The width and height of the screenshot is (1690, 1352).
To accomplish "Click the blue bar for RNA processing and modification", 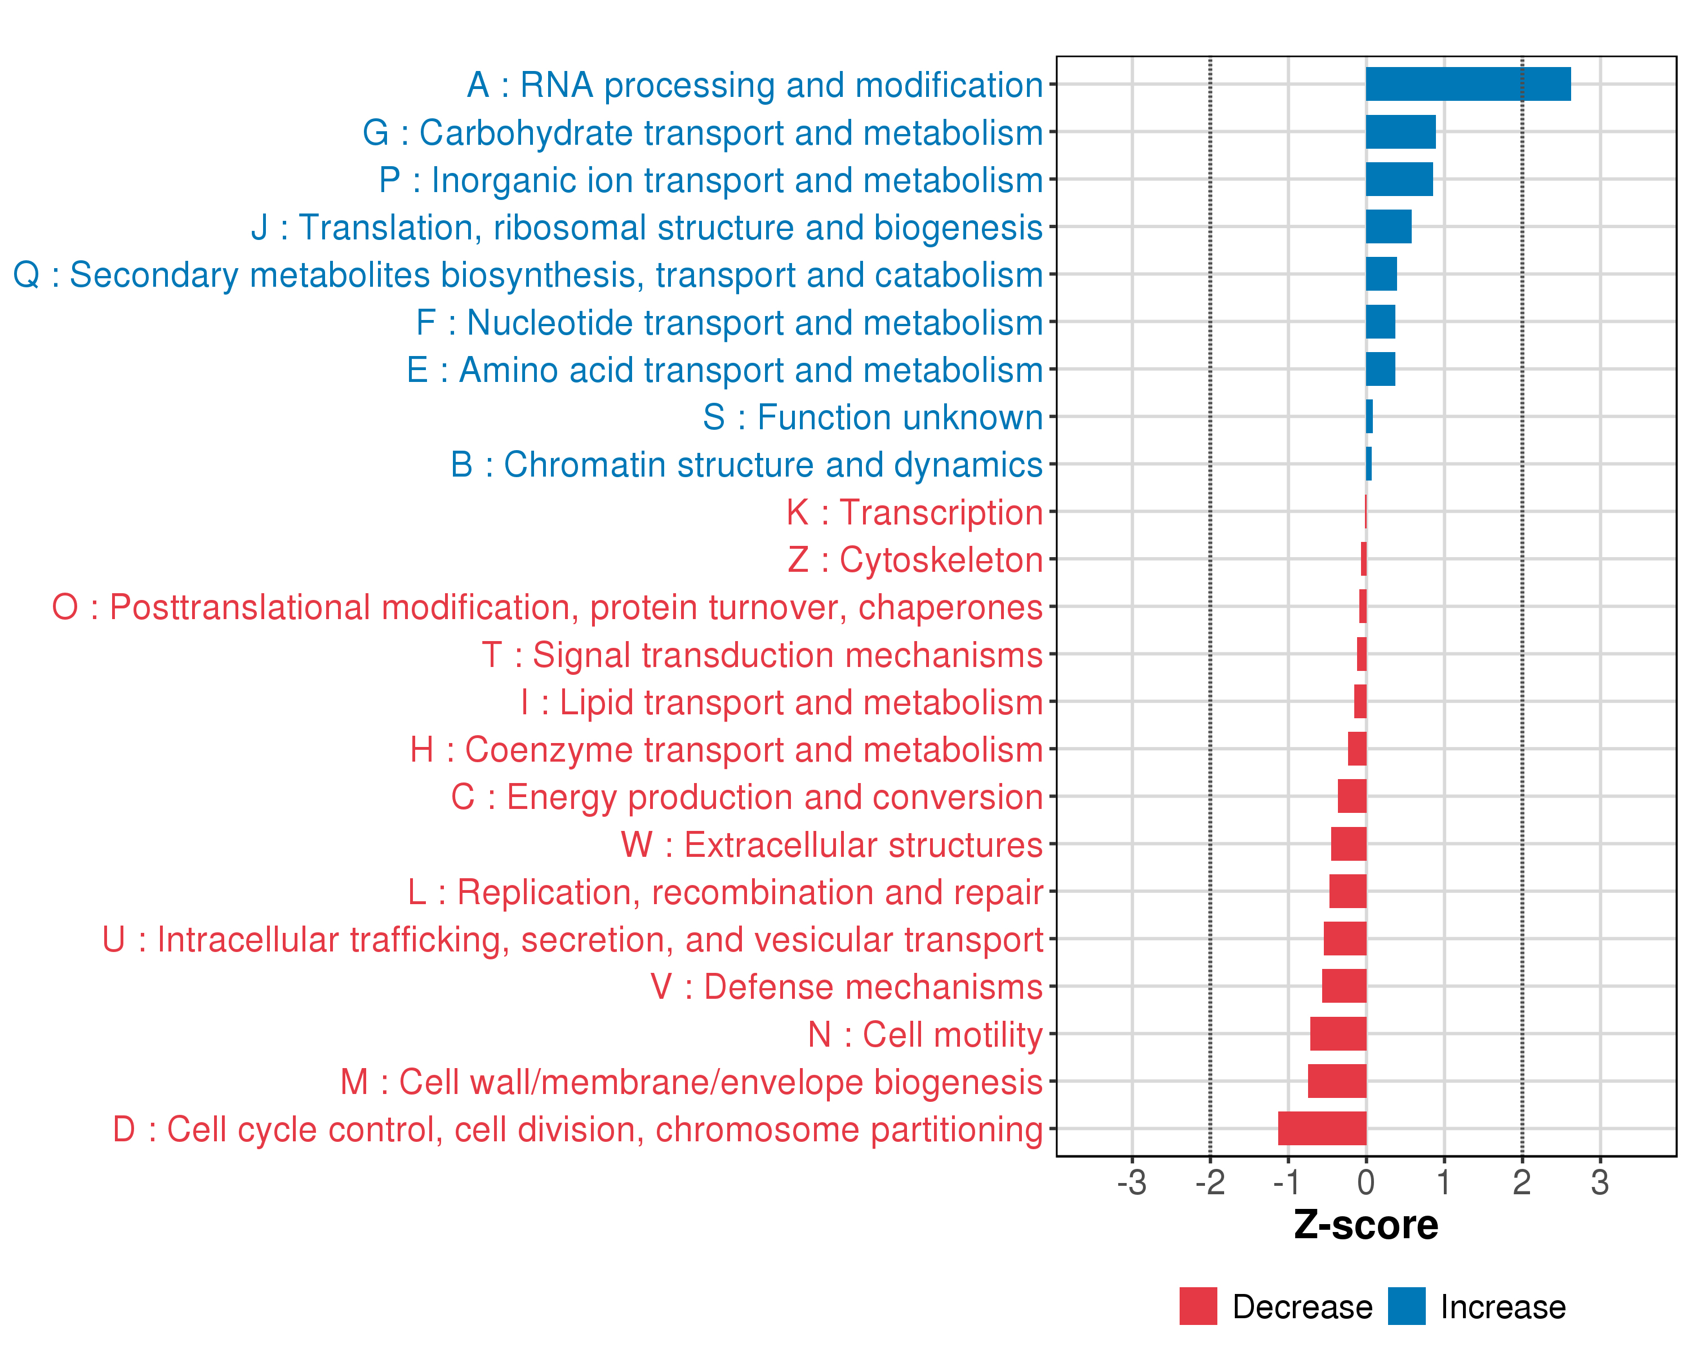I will pos(1467,84).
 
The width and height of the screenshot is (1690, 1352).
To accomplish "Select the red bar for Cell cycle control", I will pos(1322,1128).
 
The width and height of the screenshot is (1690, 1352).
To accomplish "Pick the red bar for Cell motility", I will pos(1337,1033).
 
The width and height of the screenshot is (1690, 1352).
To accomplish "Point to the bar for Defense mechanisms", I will pos(1344,985).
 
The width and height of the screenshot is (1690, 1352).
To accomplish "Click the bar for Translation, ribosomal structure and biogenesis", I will pos(1388,226).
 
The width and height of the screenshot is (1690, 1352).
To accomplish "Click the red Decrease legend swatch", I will pos(1198,1306).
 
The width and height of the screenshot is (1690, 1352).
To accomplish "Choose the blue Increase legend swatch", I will pos(1406,1306).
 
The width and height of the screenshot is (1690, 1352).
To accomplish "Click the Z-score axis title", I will pos(1366,1224).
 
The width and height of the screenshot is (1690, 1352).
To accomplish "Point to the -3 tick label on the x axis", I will pos(1131,1182).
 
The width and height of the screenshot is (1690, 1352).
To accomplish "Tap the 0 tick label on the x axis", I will pos(1366,1182).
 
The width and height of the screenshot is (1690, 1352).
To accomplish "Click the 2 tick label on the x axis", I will pos(1522,1182).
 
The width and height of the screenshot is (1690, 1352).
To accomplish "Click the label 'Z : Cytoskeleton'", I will pos(915,559).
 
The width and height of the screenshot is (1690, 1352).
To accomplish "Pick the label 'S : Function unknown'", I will pos(873,417).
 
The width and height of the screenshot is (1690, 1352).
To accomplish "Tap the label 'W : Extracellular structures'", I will pos(831,844).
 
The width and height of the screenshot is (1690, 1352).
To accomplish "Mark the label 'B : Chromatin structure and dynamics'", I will pos(746,464).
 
